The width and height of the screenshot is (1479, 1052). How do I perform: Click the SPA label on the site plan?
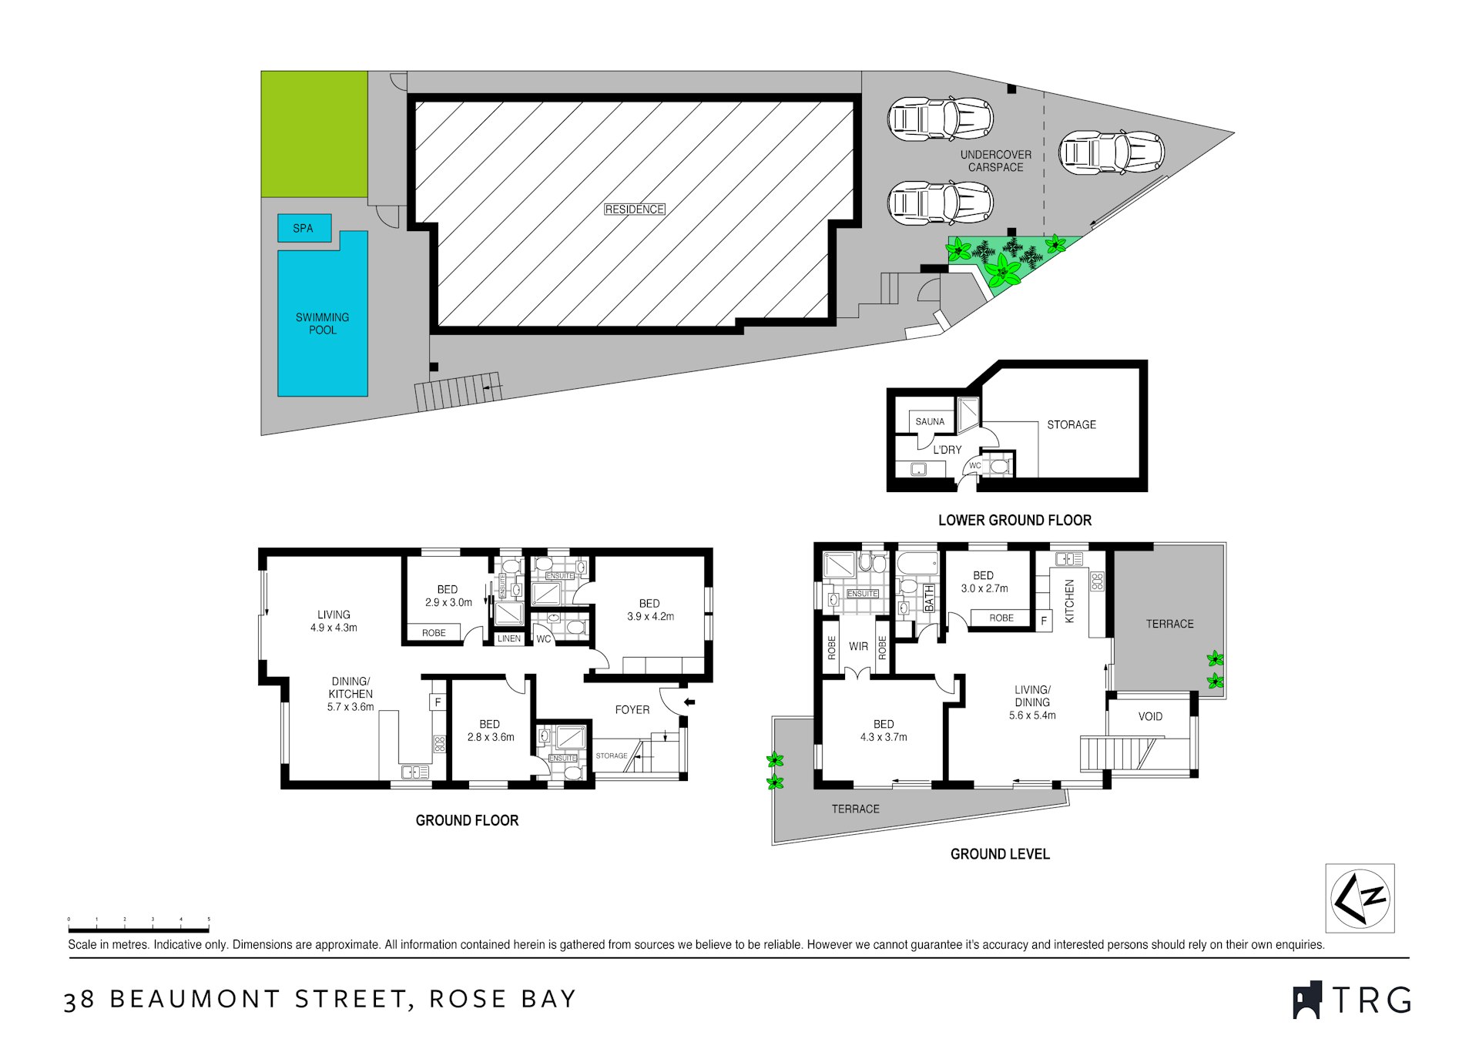click(303, 228)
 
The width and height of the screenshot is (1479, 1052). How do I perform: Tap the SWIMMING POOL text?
click(322, 323)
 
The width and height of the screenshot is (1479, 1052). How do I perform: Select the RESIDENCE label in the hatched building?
click(634, 209)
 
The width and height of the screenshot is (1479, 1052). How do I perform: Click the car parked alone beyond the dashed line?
click(1110, 152)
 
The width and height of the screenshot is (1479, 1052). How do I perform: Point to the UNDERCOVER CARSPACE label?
click(995, 161)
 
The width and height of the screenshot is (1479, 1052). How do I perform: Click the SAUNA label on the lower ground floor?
click(930, 421)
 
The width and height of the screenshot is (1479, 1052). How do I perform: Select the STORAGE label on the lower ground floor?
click(1071, 424)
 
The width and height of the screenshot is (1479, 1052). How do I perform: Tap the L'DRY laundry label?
click(947, 450)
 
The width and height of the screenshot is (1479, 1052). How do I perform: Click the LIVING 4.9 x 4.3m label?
click(334, 621)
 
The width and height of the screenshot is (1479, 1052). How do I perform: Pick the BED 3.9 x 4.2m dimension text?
click(650, 616)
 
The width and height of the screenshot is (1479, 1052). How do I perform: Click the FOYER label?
click(632, 709)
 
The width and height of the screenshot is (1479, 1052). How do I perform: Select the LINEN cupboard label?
click(508, 638)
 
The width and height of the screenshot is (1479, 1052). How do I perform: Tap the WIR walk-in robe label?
click(858, 646)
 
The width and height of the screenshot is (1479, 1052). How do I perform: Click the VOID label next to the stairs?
click(1150, 716)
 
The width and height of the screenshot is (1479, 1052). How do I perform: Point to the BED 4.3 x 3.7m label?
click(884, 730)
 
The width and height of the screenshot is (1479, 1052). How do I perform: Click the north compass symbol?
click(1360, 898)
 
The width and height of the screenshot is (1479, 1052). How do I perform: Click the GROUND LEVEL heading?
click(999, 854)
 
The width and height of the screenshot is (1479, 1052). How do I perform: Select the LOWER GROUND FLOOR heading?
click(1015, 521)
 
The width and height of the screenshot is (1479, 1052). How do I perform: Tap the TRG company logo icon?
click(1306, 1000)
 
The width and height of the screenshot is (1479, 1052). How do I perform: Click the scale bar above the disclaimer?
click(139, 930)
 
